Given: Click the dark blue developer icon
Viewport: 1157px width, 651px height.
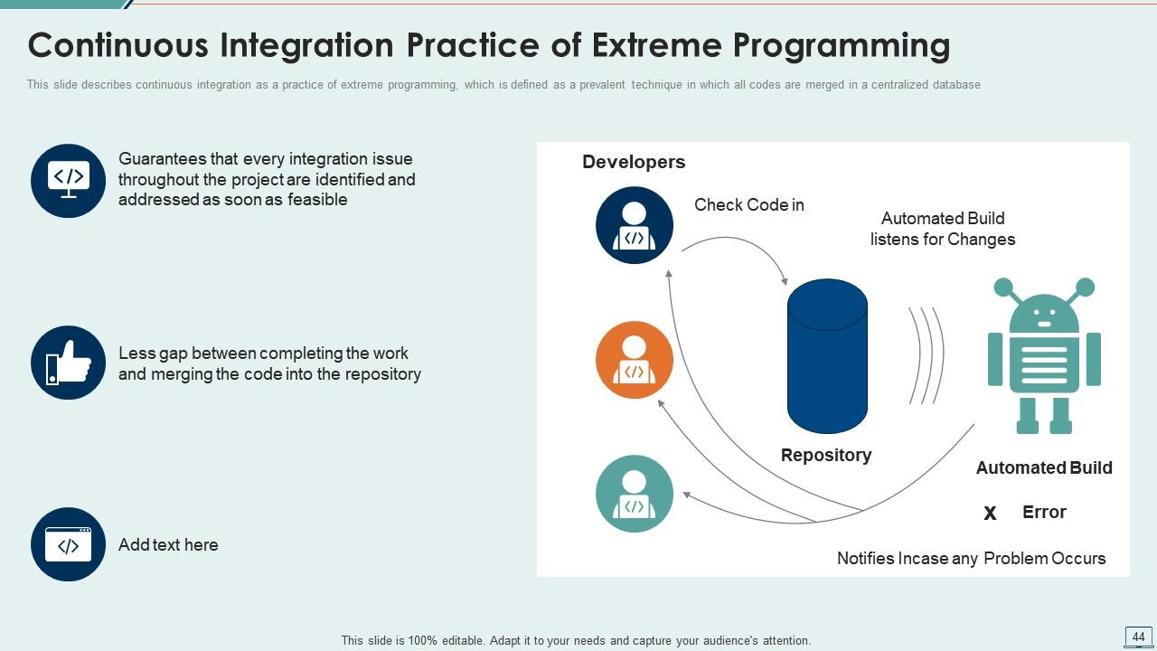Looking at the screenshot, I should coord(635,225).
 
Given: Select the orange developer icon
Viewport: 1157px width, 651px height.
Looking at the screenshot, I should coord(635,360).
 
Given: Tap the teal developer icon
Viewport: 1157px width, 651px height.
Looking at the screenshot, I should coord(635,494).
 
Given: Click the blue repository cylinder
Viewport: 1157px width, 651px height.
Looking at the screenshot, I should coord(827,357).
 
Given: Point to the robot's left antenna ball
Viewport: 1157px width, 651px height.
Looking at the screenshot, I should coord(1003,288).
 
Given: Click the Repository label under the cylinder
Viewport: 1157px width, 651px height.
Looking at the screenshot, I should coord(826,455).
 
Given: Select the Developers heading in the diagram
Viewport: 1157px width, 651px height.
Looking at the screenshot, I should coord(634,162).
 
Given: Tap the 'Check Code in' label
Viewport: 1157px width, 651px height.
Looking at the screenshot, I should coord(748,205).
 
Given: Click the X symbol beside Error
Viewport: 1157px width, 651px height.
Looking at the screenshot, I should coord(990,514).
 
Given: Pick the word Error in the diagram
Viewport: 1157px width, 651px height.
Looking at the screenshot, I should coord(1044,512).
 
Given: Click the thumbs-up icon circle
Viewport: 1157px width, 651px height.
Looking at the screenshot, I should coord(68,363).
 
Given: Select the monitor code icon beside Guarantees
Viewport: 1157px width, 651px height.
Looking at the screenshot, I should coord(68,181).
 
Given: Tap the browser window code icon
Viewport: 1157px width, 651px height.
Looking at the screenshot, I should coord(68,544).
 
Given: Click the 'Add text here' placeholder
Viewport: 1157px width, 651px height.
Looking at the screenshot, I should coord(168,544).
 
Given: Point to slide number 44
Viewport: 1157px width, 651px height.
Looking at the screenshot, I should coord(1138,637).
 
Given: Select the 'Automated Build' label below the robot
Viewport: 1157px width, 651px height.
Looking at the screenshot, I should coord(1044,467).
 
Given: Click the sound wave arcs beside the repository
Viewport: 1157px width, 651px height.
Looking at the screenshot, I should coord(927,355).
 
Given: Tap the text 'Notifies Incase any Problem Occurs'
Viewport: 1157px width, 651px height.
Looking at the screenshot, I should coord(971,558).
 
